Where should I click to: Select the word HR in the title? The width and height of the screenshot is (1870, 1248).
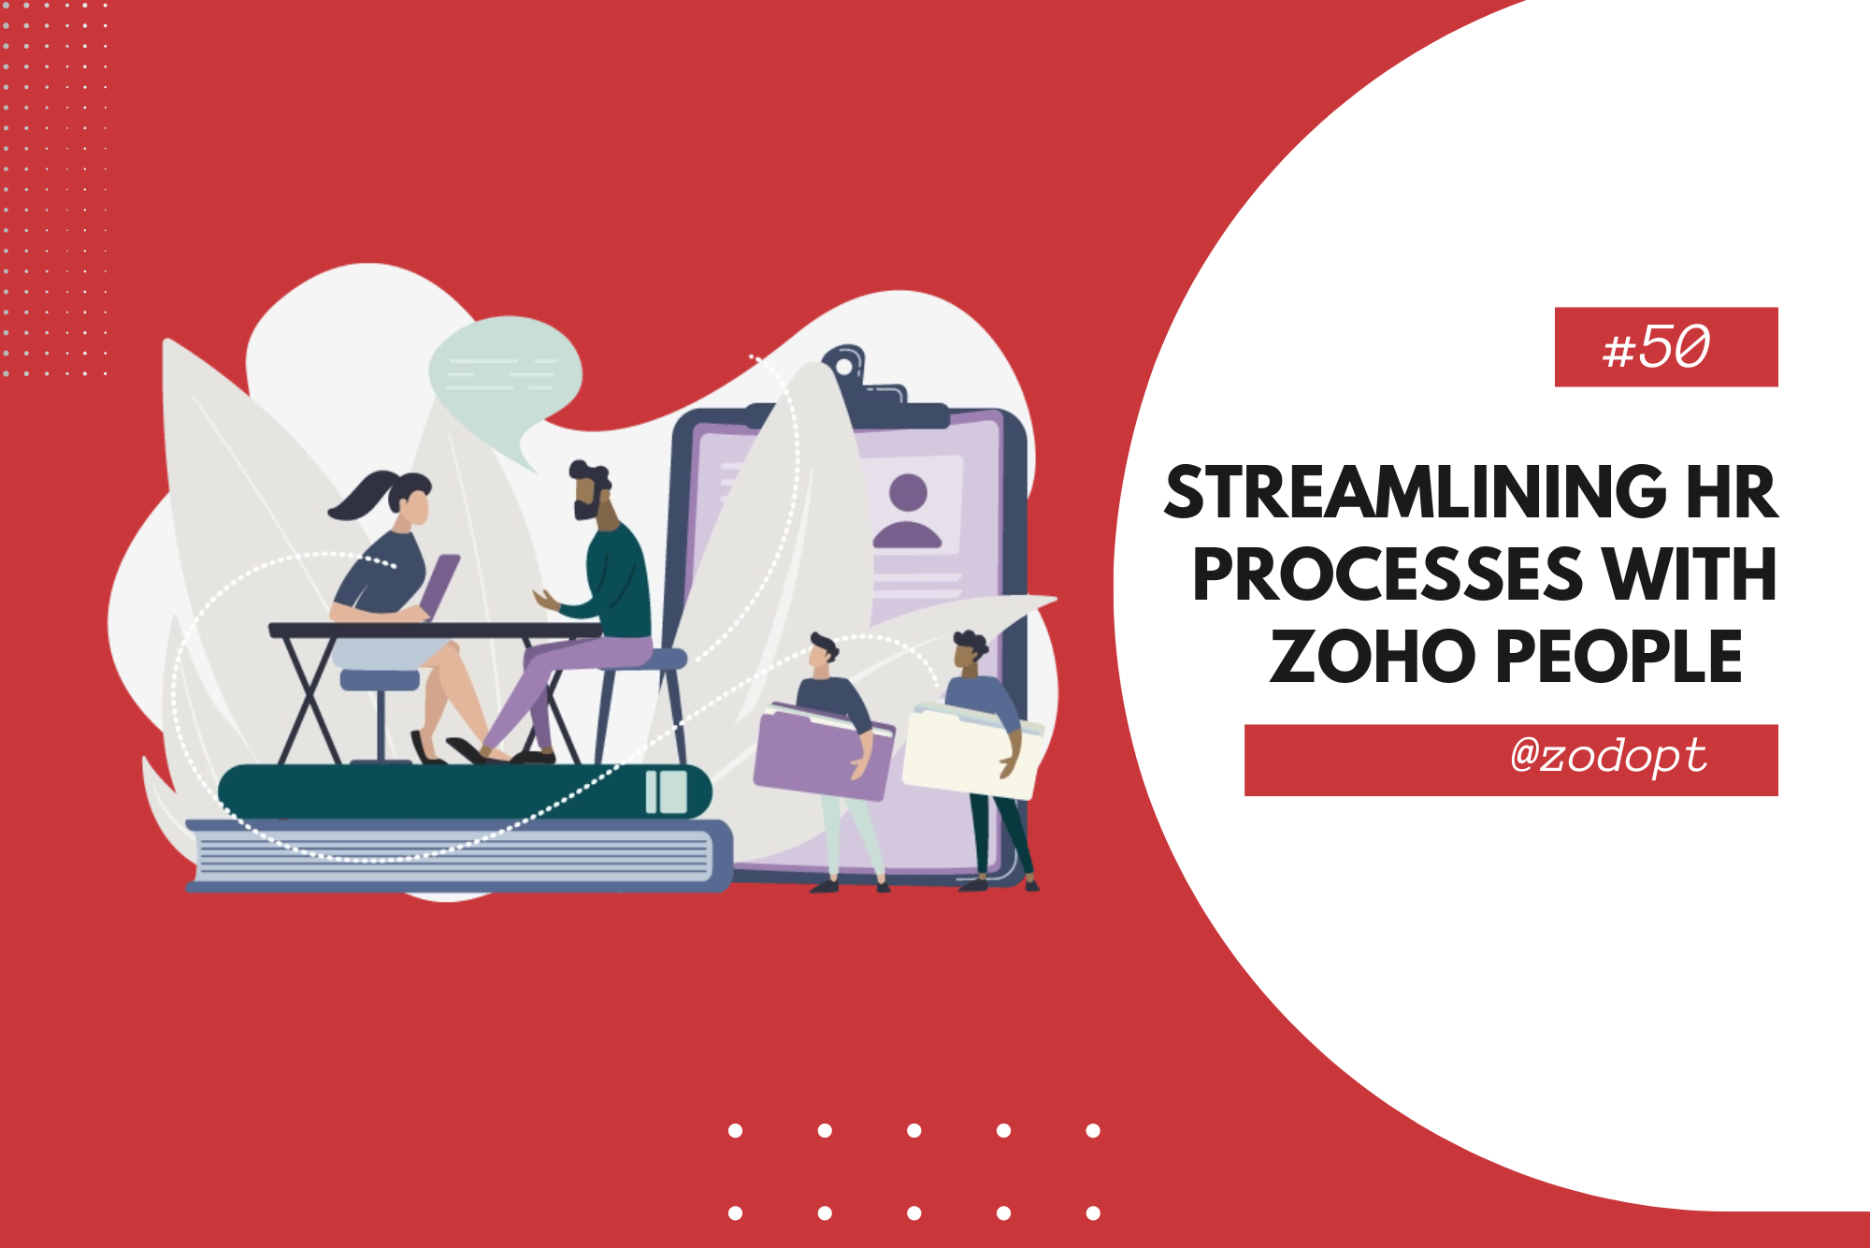(x=1730, y=493)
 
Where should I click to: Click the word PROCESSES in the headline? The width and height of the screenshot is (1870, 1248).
(x=1386, y=575)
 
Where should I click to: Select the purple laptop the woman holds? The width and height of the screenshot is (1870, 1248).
(x=439, y=585)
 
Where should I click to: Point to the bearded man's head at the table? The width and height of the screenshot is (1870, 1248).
(x=589, y=491)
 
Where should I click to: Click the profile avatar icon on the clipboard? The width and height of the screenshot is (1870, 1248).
(x=907, y=510)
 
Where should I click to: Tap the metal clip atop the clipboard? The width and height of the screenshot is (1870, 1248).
(x=846, y=365)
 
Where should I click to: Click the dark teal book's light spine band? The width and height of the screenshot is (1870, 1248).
(x=666, y=791)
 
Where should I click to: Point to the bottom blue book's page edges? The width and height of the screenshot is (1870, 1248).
(x=449, y=857)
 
